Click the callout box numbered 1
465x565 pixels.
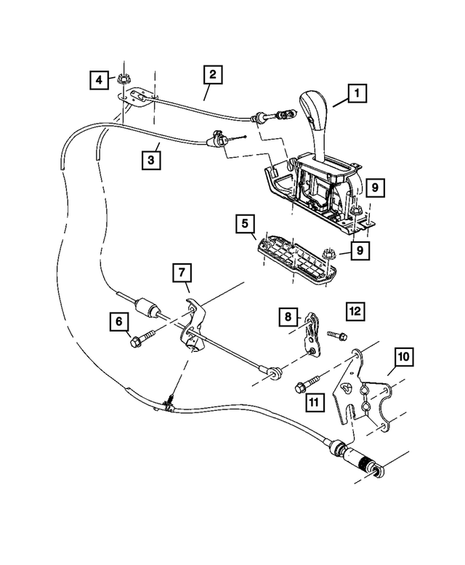click(x=357, y=94)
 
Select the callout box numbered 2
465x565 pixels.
click(x=211, y=74)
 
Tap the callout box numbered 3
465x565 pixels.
click(x=151, y=159)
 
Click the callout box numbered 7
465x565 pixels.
click(x=182, y=274)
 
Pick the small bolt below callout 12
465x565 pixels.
click(x=335, y=335)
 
